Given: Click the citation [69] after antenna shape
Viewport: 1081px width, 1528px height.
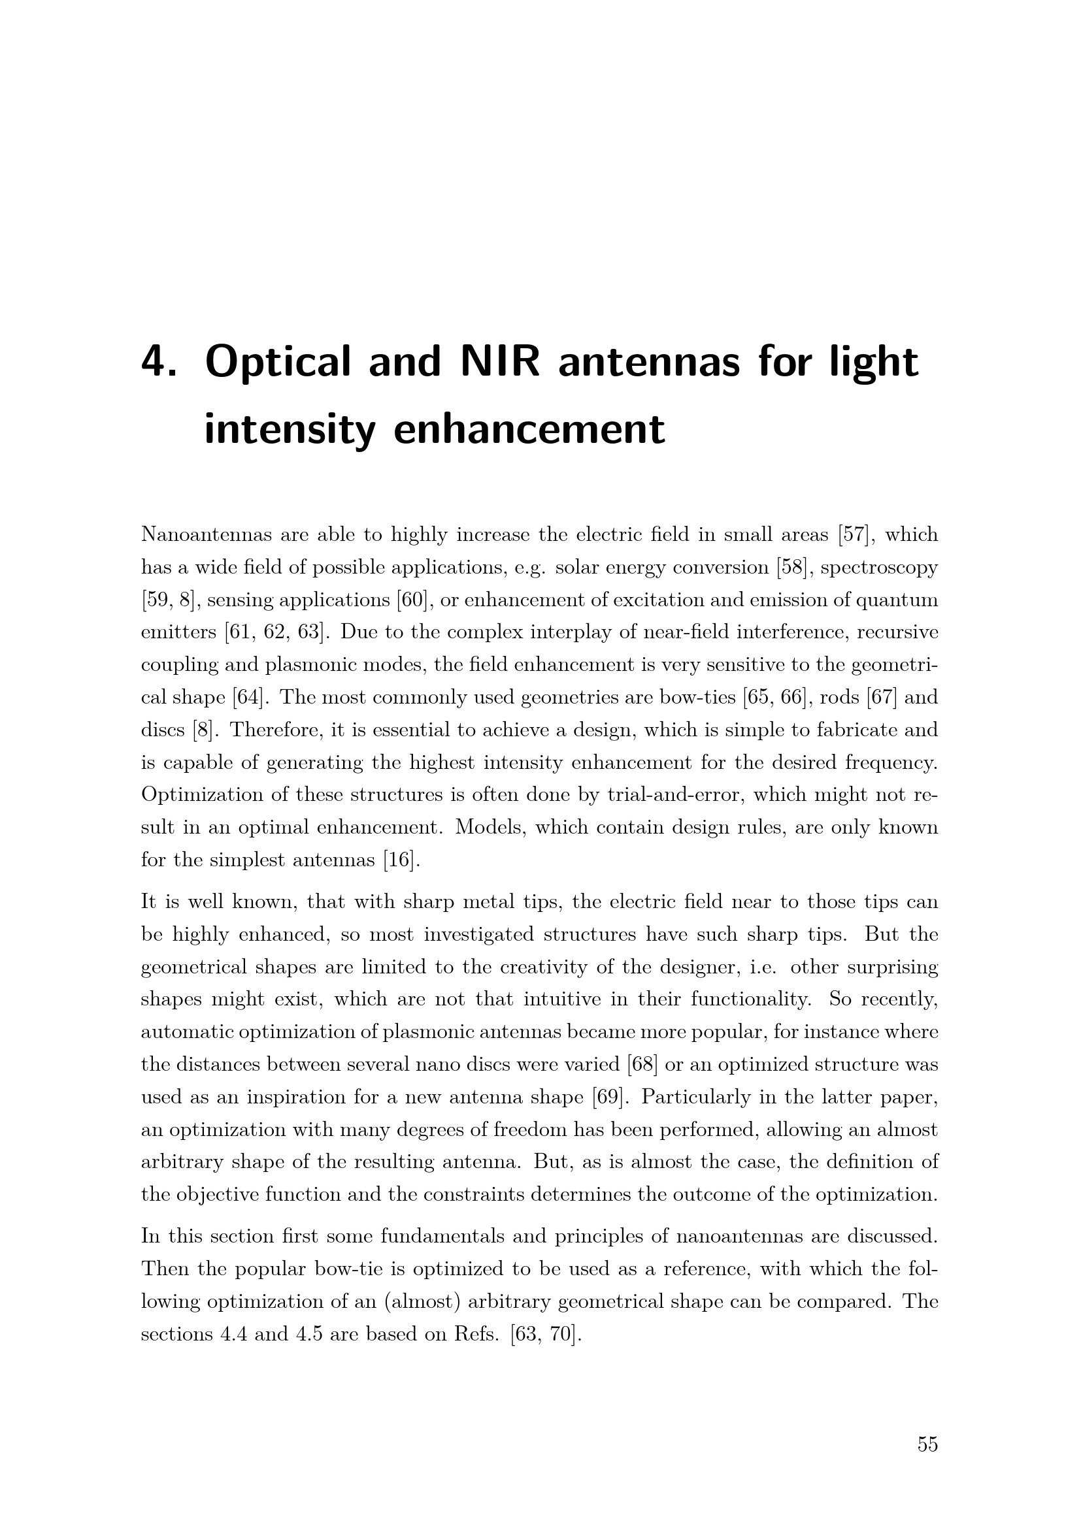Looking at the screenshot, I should pyautogui.click(x=608, y=1097).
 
